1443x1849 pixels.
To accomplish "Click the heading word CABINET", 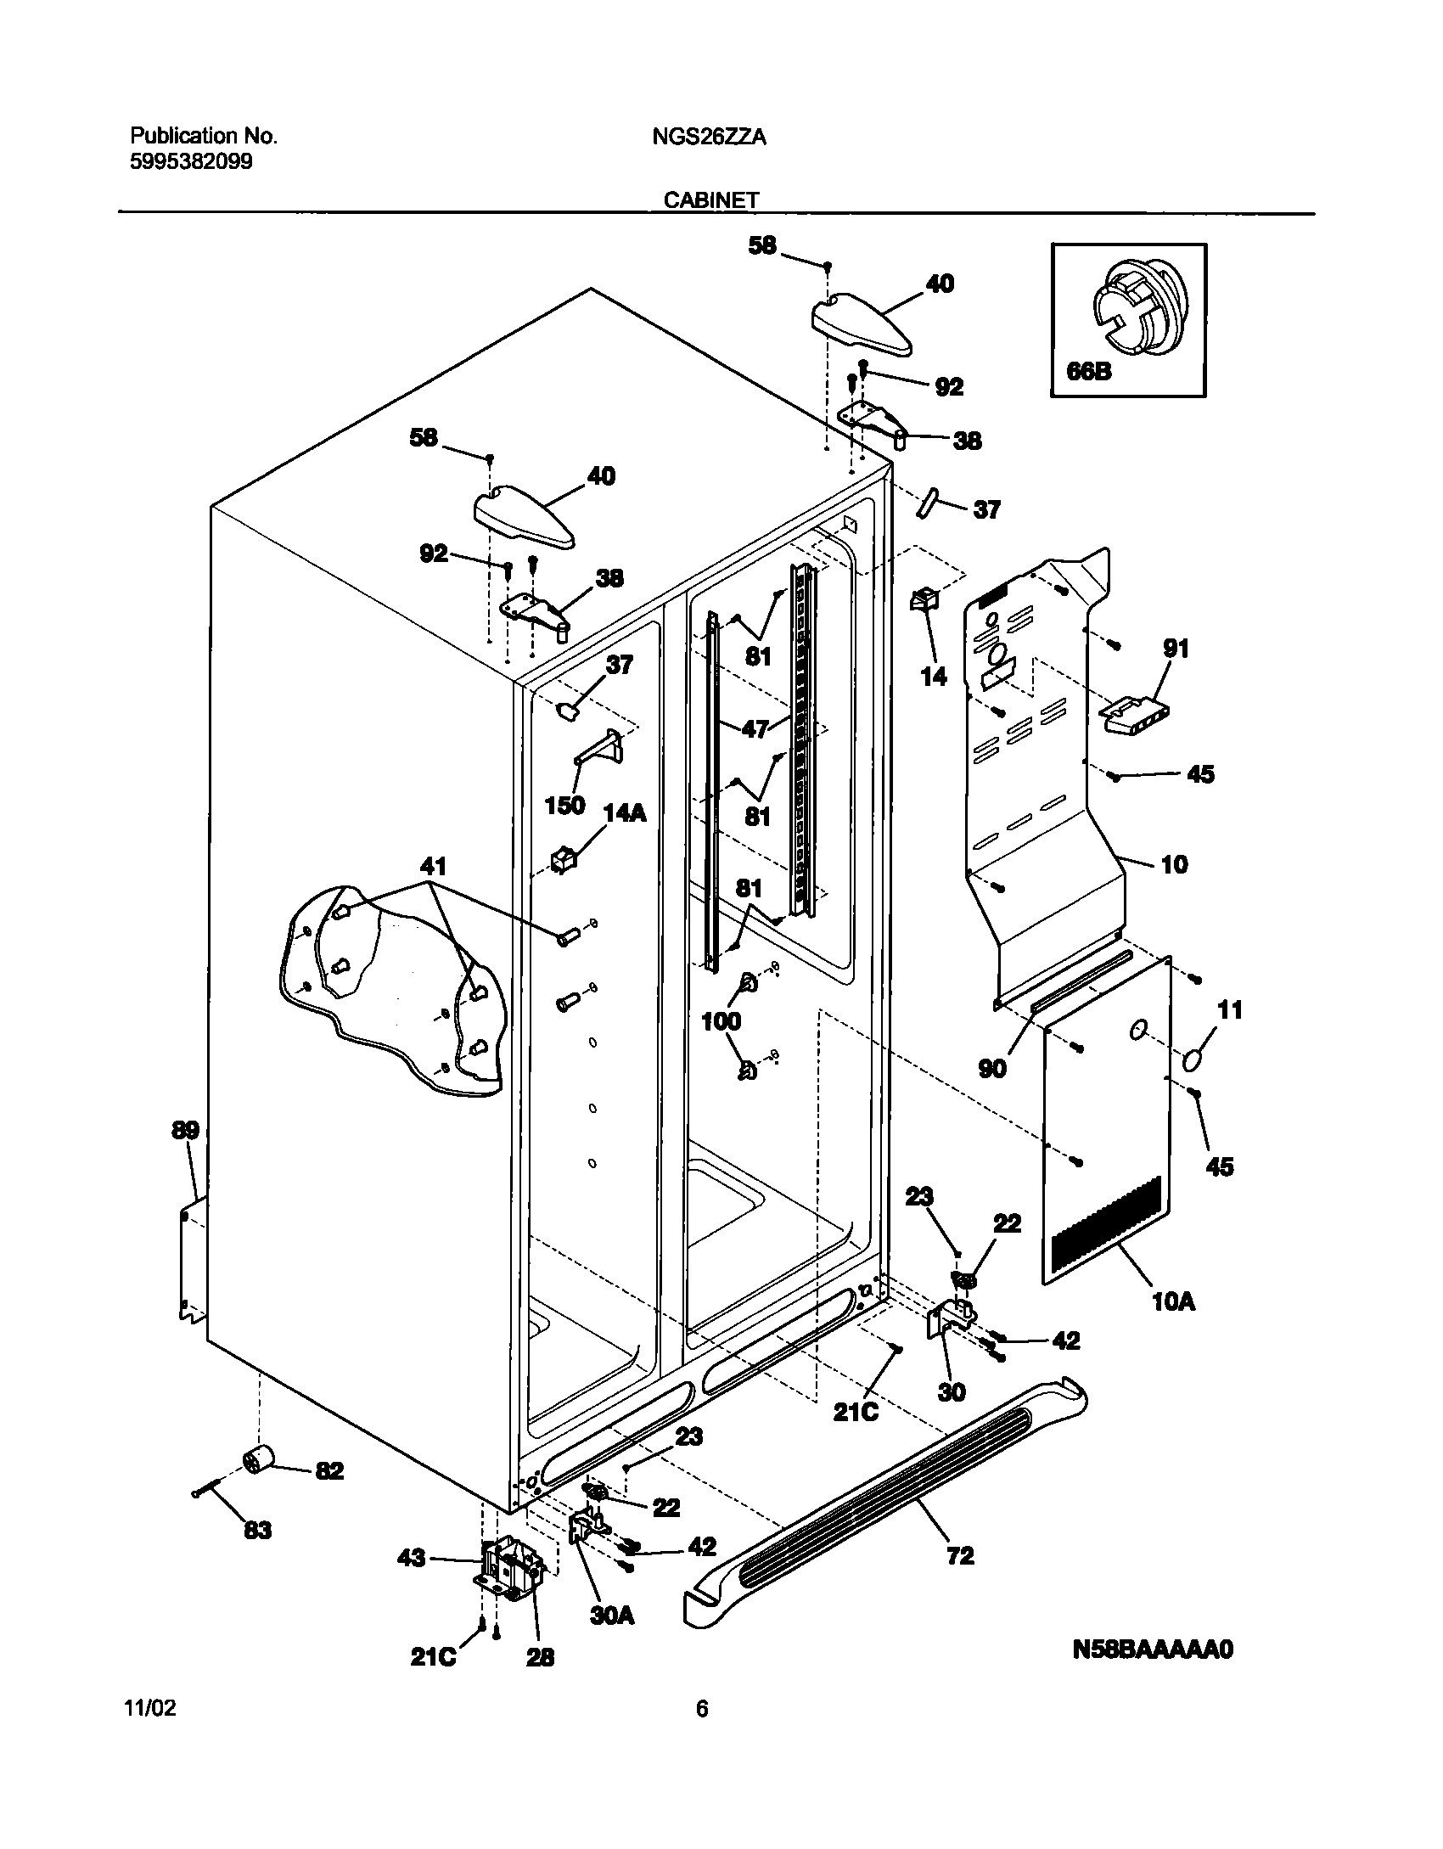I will (x=710, y=200).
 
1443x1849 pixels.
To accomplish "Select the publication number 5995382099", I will (x=191, y=162).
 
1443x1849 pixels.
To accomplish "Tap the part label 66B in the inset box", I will (x=1088, y=372).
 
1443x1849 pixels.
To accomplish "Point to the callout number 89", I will (x=185, y=1131).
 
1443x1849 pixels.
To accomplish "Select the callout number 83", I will (x=257, y=1530).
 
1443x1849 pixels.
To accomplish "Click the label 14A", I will (x=624, y=813).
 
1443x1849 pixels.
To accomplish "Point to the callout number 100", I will (x=721, y=1021).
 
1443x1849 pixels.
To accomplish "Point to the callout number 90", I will (x=991, y=1068).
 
